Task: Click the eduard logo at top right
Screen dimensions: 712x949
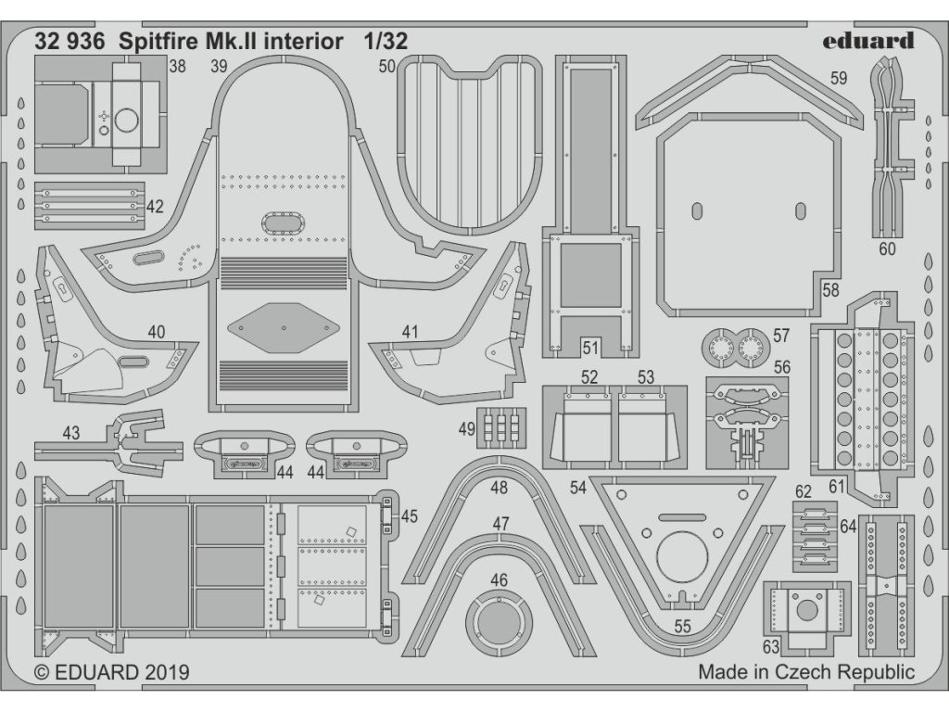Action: pyautogui.click(x=867, y=40)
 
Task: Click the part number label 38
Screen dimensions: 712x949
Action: pyautogui.click(x=177, y=66)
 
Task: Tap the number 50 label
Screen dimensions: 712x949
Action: pyautogui.click(x=387, y=66)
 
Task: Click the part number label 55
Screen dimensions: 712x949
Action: pyautogui.click(x=683, y=626)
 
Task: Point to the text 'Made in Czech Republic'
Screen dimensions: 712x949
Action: pyautogui.click(x=805, y=672)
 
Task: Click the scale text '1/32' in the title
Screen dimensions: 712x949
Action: pyautogui.click(x=386, y=41)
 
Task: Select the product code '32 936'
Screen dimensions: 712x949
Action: pyautogui.click(x=69, y=41)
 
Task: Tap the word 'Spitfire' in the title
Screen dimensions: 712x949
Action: pyautogui.click(x=161, y=41)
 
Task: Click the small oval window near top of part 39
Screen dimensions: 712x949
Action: pyautogui.click(x=283, y=223)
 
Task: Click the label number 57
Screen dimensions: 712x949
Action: pyautogui.click(x=781, y=335)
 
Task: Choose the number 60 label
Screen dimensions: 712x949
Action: pyautogui.click(x=887, y=248)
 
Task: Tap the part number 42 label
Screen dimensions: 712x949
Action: pyautogui.click(x=155, y=207)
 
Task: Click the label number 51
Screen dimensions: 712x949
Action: pyautogui.click(x=589, y=348)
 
